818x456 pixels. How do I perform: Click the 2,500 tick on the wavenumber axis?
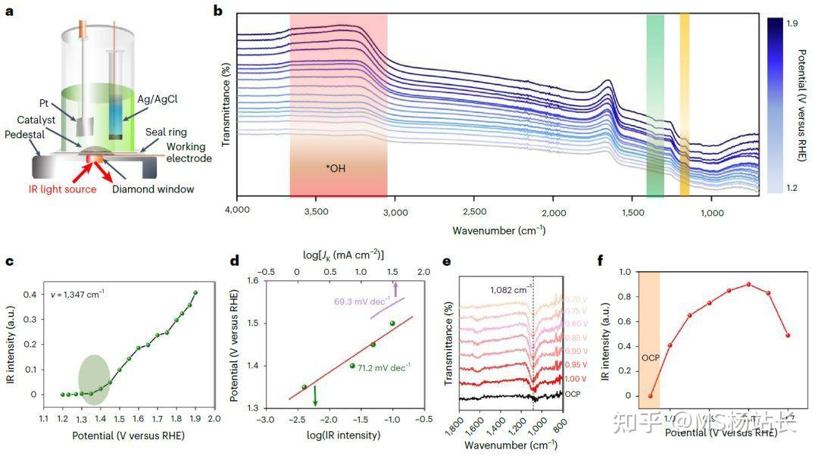(x=473, y=214)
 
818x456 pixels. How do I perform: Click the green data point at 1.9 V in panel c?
(x=195, y=292)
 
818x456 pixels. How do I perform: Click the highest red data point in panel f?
(x=748, y=284)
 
